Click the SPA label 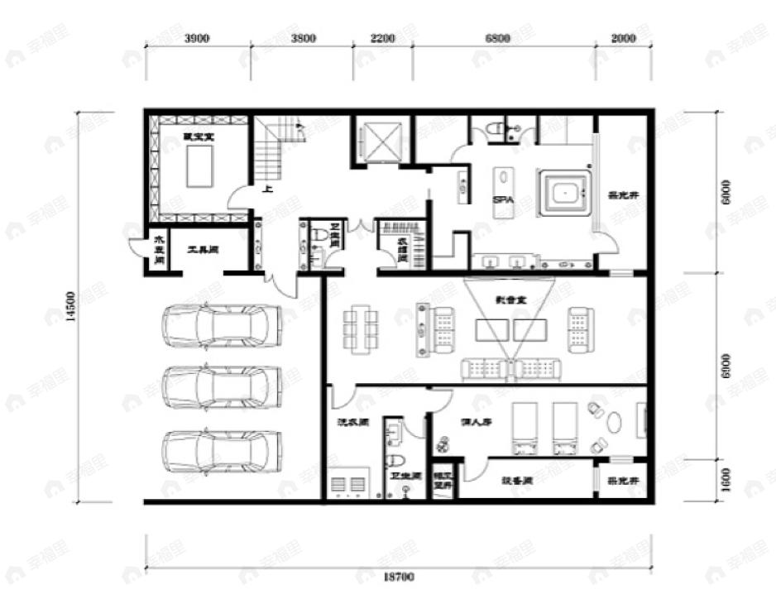(x=501, y=200)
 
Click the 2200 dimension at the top (x=382, y=38)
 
